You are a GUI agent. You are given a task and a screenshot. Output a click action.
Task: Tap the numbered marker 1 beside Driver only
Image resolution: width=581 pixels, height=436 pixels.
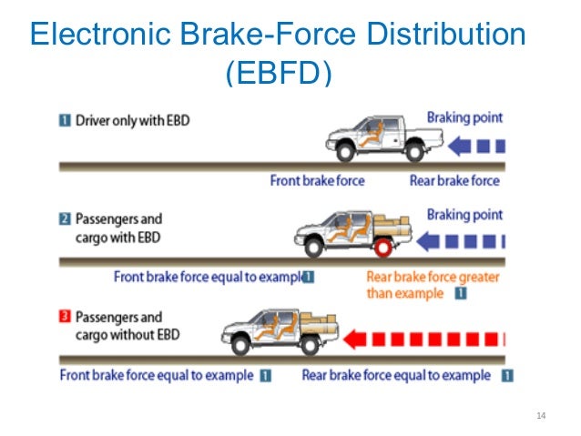click(66, 121)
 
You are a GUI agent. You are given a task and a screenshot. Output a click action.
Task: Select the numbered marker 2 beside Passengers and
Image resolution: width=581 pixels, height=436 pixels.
click(66, 219)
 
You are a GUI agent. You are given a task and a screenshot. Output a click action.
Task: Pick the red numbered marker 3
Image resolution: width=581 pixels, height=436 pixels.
click(66, 319)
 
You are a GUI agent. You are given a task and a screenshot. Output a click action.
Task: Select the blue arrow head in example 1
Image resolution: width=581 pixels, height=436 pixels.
click(457, 144)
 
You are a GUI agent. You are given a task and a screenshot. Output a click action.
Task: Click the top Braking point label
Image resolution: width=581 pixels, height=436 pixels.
click(464, 117)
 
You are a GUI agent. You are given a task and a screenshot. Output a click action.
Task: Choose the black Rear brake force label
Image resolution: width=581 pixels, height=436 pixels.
click(454, 180)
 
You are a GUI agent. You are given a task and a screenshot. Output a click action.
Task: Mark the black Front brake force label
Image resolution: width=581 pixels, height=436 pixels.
click(317, 180)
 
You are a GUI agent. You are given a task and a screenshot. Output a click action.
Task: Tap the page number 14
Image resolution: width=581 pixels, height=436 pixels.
click(543, 417)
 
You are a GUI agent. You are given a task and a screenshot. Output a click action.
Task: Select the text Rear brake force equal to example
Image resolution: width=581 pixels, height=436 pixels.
click(396, 375)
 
